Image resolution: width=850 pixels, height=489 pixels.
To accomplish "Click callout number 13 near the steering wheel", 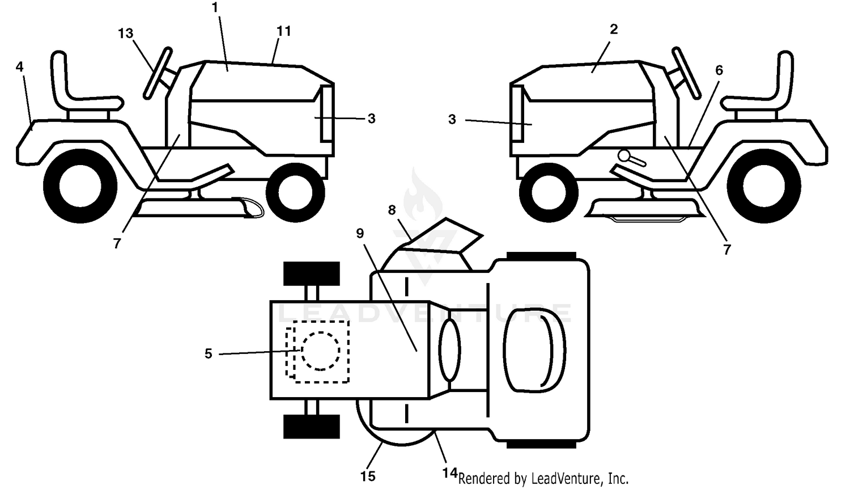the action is (x=126, y=33).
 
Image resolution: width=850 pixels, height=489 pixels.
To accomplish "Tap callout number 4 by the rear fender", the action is (x=19, y=67).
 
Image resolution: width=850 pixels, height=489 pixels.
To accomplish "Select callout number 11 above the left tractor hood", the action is (x=283, y=31).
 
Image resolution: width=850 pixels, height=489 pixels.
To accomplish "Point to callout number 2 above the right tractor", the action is (x=614, y=29).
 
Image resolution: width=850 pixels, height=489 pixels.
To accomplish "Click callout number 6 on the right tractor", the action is (x=719, y=70).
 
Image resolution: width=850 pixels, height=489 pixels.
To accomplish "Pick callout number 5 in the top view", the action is (x=209, y=354).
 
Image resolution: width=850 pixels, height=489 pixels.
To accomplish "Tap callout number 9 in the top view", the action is (x=360, y=233).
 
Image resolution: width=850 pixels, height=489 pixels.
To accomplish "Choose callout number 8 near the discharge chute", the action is (x=392, y=210).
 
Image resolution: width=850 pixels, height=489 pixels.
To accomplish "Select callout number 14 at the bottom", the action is (x=450, y=473).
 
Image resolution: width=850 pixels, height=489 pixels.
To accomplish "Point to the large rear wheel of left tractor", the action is (x=80, y=186).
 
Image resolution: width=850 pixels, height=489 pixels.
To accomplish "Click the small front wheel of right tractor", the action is (x=549, y=193).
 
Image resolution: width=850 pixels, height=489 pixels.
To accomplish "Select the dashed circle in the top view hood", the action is (x=321, y=351).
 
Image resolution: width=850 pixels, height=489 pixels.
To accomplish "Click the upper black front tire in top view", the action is (x=312, y=273).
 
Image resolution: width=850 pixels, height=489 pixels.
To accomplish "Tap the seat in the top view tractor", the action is (x=535, y=350).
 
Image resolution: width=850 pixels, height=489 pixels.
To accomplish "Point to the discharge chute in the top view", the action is (x=441, y=235).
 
